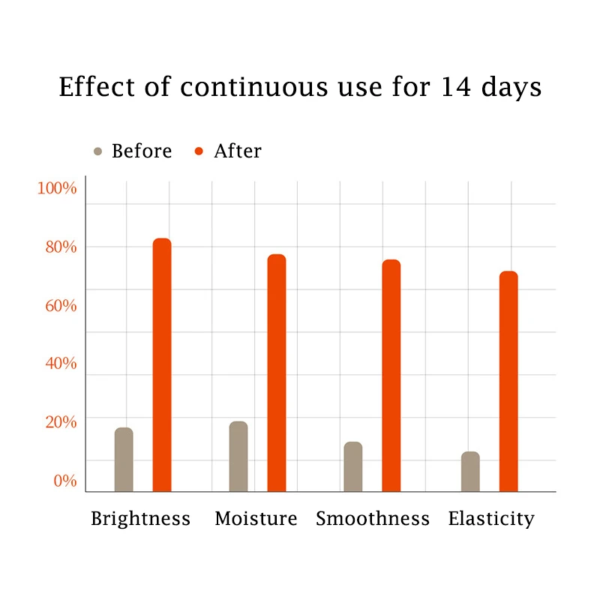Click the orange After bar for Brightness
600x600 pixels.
(x=162, y=365)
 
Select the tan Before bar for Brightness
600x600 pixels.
(x=124, y=460)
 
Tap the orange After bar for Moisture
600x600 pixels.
(x=277, y=373)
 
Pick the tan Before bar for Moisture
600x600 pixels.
(x=238, y=457)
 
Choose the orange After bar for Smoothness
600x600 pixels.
(x=391, y=376)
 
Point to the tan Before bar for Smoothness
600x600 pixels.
(x=353, y=466)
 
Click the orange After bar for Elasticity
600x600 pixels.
(x=508, y=381)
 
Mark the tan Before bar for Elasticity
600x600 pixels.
(x=470, y=472)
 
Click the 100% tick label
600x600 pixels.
(x=57, y=188)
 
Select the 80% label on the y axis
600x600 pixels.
(x=58, y=247)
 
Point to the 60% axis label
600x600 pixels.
(x=58, y=305)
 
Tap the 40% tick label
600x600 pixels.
(x=58, y=364)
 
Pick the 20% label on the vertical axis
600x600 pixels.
(x=58, y=422)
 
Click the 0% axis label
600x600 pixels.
(x=64, y=481)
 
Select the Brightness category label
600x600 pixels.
(x=140, y=519)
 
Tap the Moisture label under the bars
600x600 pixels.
(x=256, y=519)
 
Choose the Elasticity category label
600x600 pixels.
(x=491, y=519)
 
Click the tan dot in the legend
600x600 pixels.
(x=97, y=151)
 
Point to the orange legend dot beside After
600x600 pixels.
(x=199, y=151)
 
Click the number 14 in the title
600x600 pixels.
(x=456, y=88)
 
